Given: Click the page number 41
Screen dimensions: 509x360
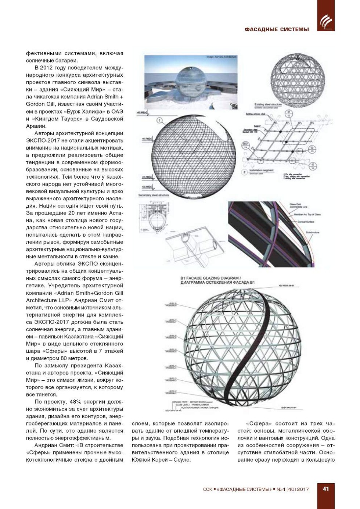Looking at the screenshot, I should [x=326, y=489].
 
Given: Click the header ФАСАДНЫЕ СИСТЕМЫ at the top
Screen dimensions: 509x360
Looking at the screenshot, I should [x=277, y=29].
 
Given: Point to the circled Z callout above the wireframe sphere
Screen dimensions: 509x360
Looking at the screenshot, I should [x=159, y=120].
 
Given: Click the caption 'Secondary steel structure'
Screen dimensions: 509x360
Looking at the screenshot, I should [x=154, y=195].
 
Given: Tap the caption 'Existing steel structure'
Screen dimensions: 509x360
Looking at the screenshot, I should [x=268, y=105].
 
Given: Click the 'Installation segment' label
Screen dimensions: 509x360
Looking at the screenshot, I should [x=261, y=171].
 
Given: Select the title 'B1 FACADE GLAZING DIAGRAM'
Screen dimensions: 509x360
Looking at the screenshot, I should [x=210, y=278].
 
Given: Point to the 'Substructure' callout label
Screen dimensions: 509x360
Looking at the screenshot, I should [x=313, y=232].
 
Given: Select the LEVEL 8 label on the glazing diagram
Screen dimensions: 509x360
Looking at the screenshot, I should [x=172, y=304].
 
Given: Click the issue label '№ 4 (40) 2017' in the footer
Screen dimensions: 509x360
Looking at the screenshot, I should [x=293, y=489].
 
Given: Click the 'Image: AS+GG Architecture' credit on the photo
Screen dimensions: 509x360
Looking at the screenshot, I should [x=222, y=57].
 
